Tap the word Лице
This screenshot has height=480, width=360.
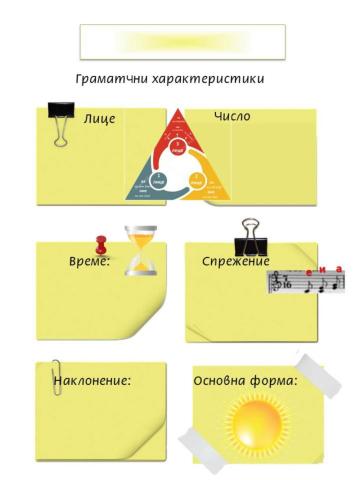pos(100,119)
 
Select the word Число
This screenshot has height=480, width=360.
pos(232,117)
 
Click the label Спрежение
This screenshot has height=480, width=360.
pos(236,261)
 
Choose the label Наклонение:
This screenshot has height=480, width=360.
pos(92,380)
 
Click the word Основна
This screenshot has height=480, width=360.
pos(222,380)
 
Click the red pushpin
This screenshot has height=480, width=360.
pos(100,243)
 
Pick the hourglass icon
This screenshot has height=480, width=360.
pos(143,249)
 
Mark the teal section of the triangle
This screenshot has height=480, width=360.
pos(151,180)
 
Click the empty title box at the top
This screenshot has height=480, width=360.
pos(182,41)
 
